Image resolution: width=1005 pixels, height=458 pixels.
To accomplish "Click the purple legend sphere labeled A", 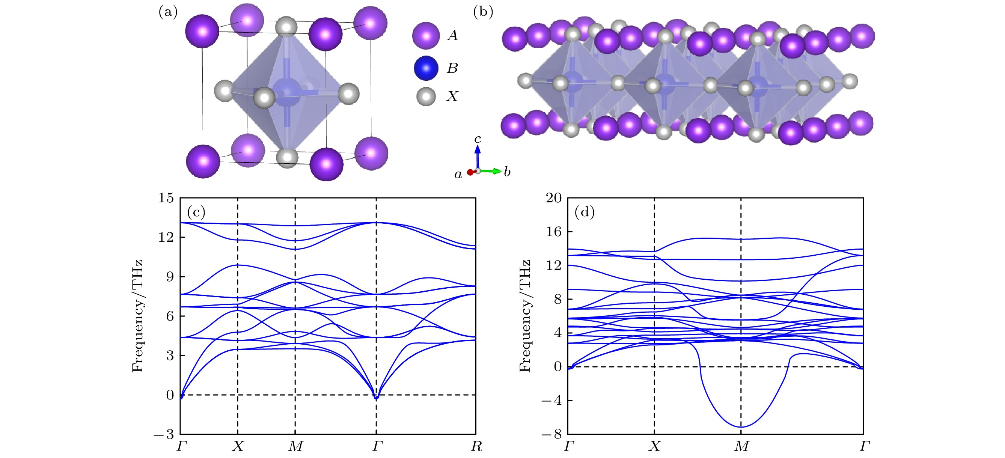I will click(x=426, y=36).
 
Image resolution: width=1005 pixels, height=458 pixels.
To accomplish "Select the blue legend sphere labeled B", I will click(x=426, y=68).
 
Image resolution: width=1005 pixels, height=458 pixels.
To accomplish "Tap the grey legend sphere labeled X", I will click(x=426, y=96).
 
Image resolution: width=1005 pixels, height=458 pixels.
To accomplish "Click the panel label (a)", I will click(x=168, y=12).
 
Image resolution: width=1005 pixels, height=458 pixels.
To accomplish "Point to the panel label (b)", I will click(x=483, y=12).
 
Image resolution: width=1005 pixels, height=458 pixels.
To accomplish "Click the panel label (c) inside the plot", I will click(x=196, y=212).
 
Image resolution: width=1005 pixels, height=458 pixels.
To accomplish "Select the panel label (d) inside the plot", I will click(x=585, y=212).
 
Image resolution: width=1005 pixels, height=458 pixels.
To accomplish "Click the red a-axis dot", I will click(x=470, y=172).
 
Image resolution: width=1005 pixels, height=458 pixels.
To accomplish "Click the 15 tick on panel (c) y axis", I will click(x=166, y=198).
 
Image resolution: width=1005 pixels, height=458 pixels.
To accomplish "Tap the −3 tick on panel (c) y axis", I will click(x=164, y=434).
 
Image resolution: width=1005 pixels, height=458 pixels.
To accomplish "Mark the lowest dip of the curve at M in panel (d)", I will click(x=741, y=427).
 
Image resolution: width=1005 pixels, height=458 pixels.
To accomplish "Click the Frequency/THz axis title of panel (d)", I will click(x=525, y=316).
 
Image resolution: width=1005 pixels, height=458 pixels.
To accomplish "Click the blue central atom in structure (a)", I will click(x=287, y=92).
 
